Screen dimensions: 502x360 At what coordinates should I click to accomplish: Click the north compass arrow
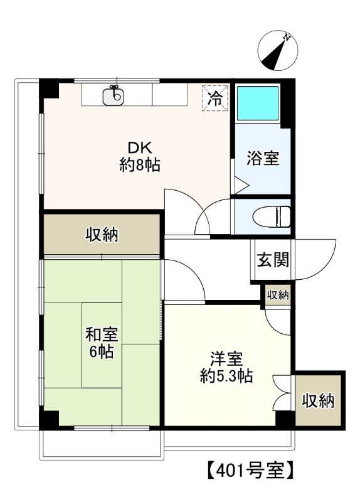pos(276,51)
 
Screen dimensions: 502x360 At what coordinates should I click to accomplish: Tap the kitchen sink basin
pos(114,97)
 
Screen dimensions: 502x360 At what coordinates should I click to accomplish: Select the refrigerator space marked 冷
pos(215,99)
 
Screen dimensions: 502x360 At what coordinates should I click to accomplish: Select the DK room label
pos(139,148)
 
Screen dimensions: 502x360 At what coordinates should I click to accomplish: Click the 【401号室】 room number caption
pos(250,469)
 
